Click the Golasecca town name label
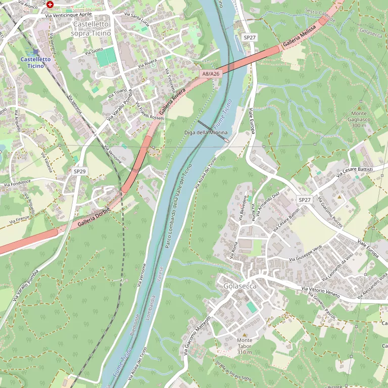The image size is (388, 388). point(240,286)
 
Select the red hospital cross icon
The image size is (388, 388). point(50,4)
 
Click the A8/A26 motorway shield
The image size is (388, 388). point(211,74)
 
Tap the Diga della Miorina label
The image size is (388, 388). point(206,132)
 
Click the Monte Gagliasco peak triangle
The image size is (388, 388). point(359,108)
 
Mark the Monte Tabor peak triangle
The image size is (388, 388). point(245,334)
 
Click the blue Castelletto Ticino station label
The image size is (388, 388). point(35,62)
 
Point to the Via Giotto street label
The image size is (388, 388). point(94,51)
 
